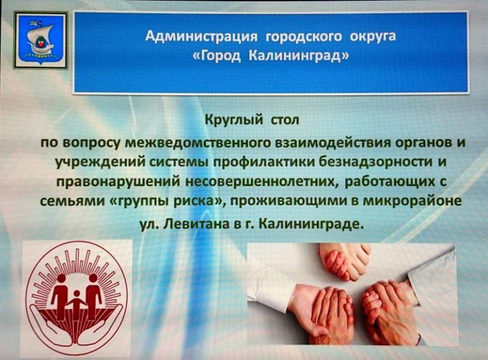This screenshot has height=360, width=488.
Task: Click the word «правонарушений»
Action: point(123,184)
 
